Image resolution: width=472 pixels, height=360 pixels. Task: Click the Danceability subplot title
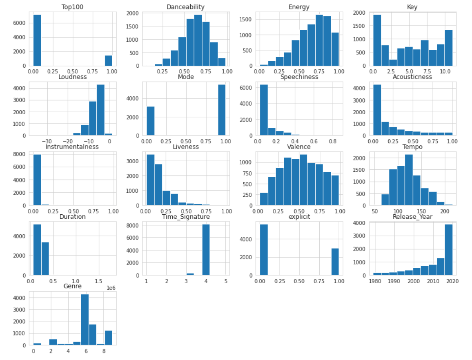[x=185, y=7]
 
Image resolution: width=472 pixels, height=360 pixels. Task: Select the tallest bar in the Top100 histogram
[x=35, y=40]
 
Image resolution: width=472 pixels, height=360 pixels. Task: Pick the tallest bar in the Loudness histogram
[x=100, y=110]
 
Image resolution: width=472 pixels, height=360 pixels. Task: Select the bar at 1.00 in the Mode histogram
[x=222, y=110]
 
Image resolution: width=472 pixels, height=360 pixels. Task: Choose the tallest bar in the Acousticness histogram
[x=377, y=110]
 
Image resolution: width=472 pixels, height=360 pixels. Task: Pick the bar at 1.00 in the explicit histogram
[x=335, y=262]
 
